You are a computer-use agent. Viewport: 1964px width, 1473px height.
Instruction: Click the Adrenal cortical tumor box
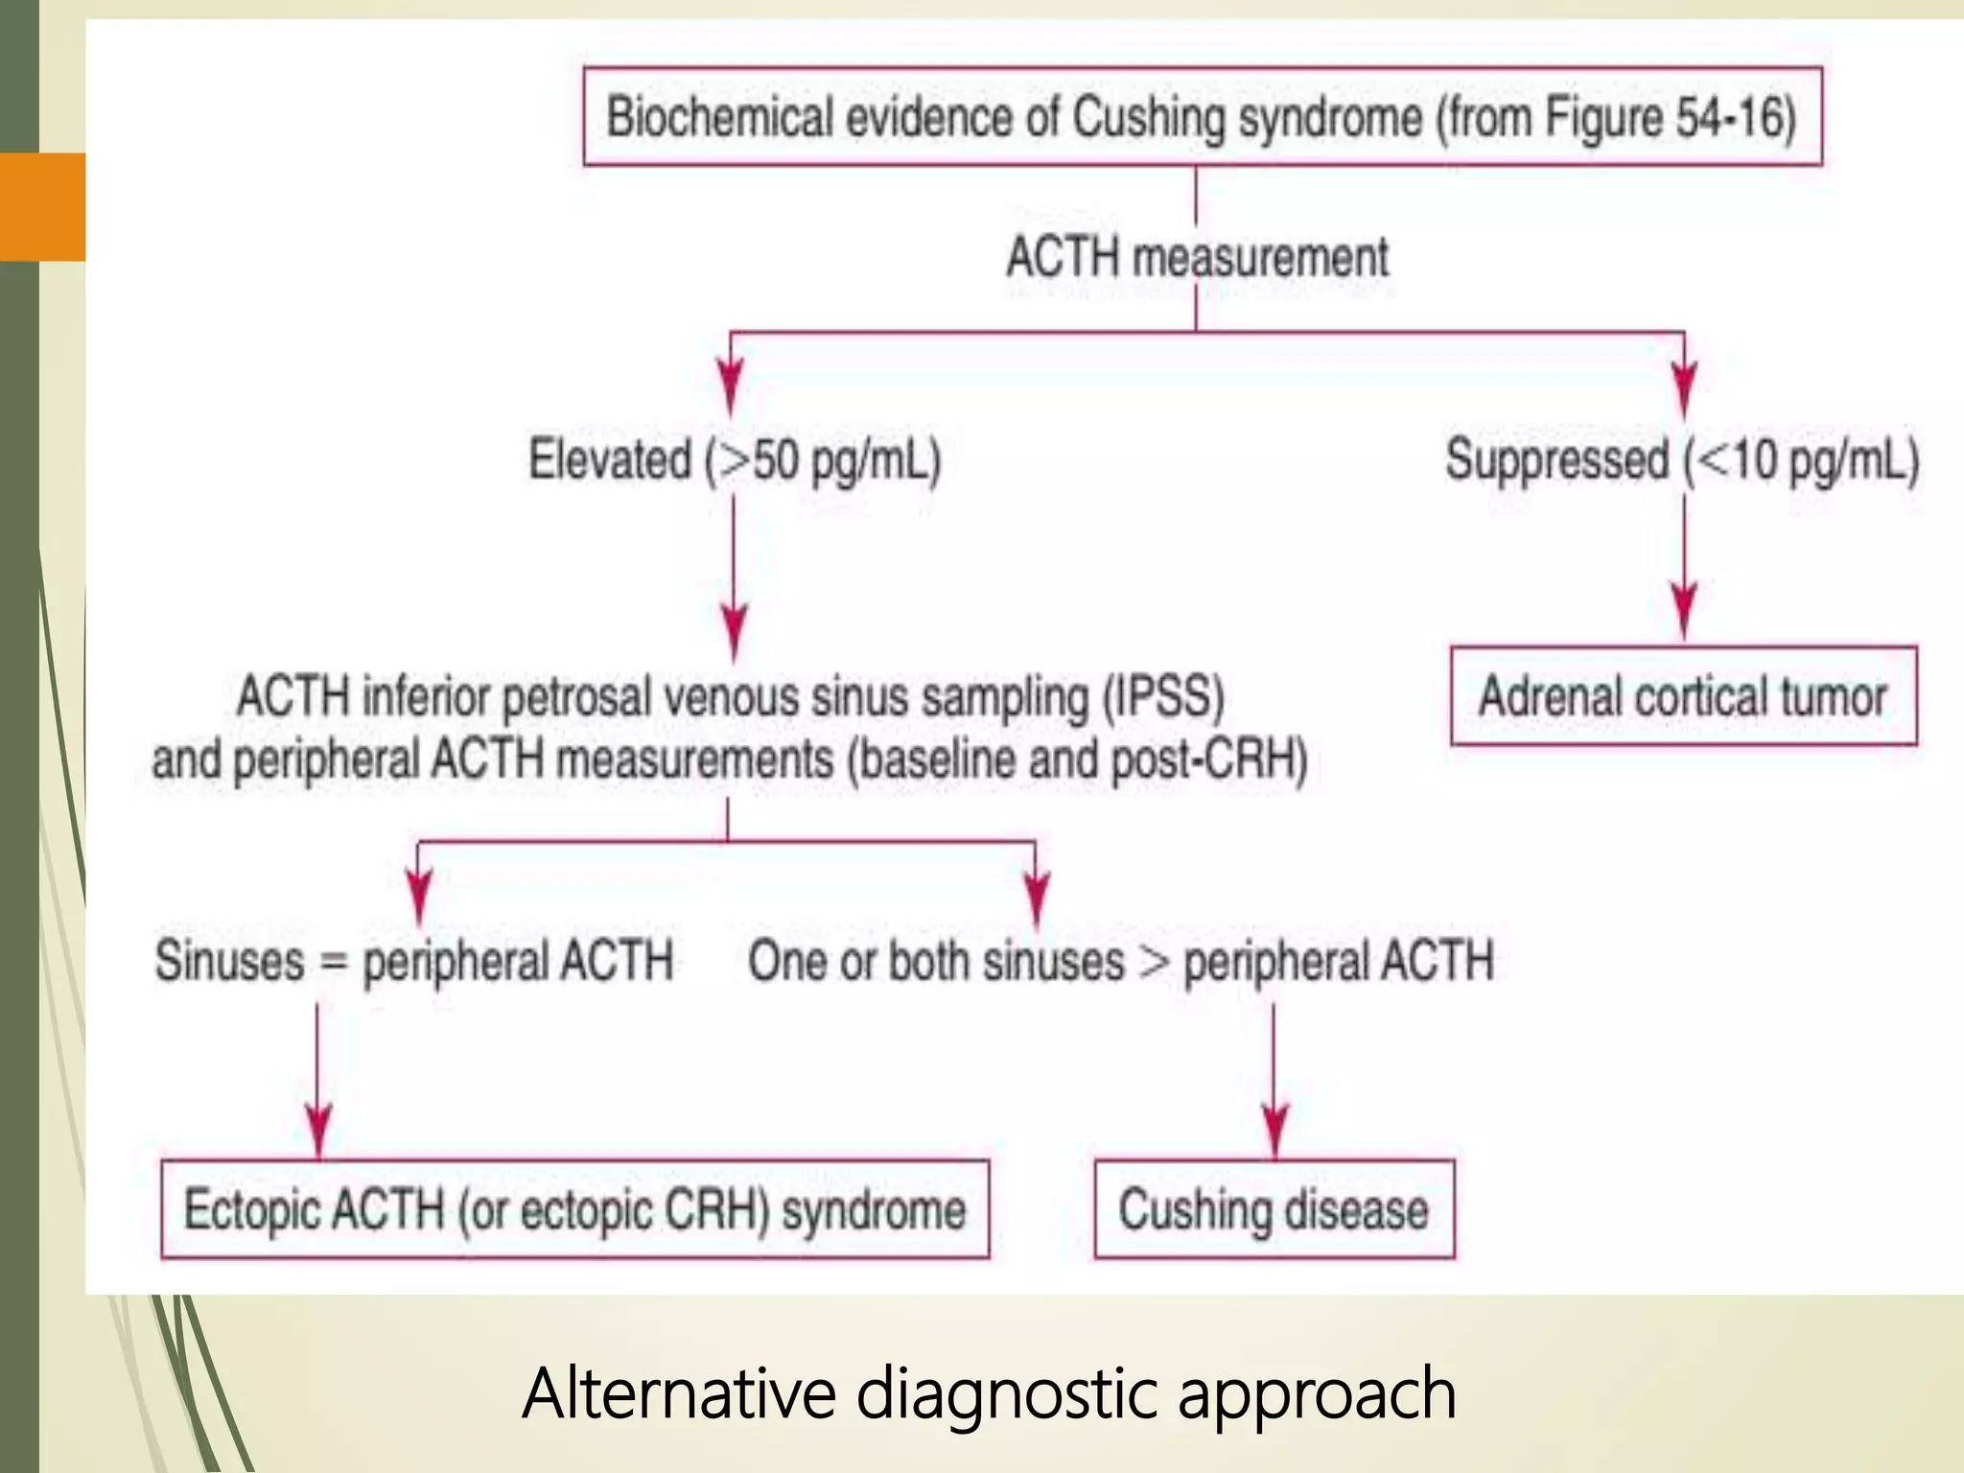(1683, 696)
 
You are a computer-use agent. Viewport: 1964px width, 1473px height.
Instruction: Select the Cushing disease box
(1274, 1209)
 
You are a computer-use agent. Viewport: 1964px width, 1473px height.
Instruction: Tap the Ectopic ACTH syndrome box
(574, 1209)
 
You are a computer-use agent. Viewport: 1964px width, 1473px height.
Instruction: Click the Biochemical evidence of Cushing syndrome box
(1202, 117)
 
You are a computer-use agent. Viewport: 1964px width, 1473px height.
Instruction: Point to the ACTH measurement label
(1197, 257)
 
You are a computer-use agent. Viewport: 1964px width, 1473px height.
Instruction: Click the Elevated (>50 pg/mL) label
(735, 458)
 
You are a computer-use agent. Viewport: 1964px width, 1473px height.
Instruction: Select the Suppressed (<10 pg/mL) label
(1682, 458)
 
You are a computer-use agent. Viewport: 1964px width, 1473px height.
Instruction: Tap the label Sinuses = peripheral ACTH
(414, 960)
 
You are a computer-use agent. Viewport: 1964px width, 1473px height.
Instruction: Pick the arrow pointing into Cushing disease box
(1274, 1127)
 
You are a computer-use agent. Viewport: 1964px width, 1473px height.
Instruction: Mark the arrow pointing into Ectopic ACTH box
(318, 1127)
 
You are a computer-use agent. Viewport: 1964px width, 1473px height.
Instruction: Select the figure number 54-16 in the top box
(1734, 118)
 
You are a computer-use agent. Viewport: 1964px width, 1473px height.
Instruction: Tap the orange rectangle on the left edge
(43, 206)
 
